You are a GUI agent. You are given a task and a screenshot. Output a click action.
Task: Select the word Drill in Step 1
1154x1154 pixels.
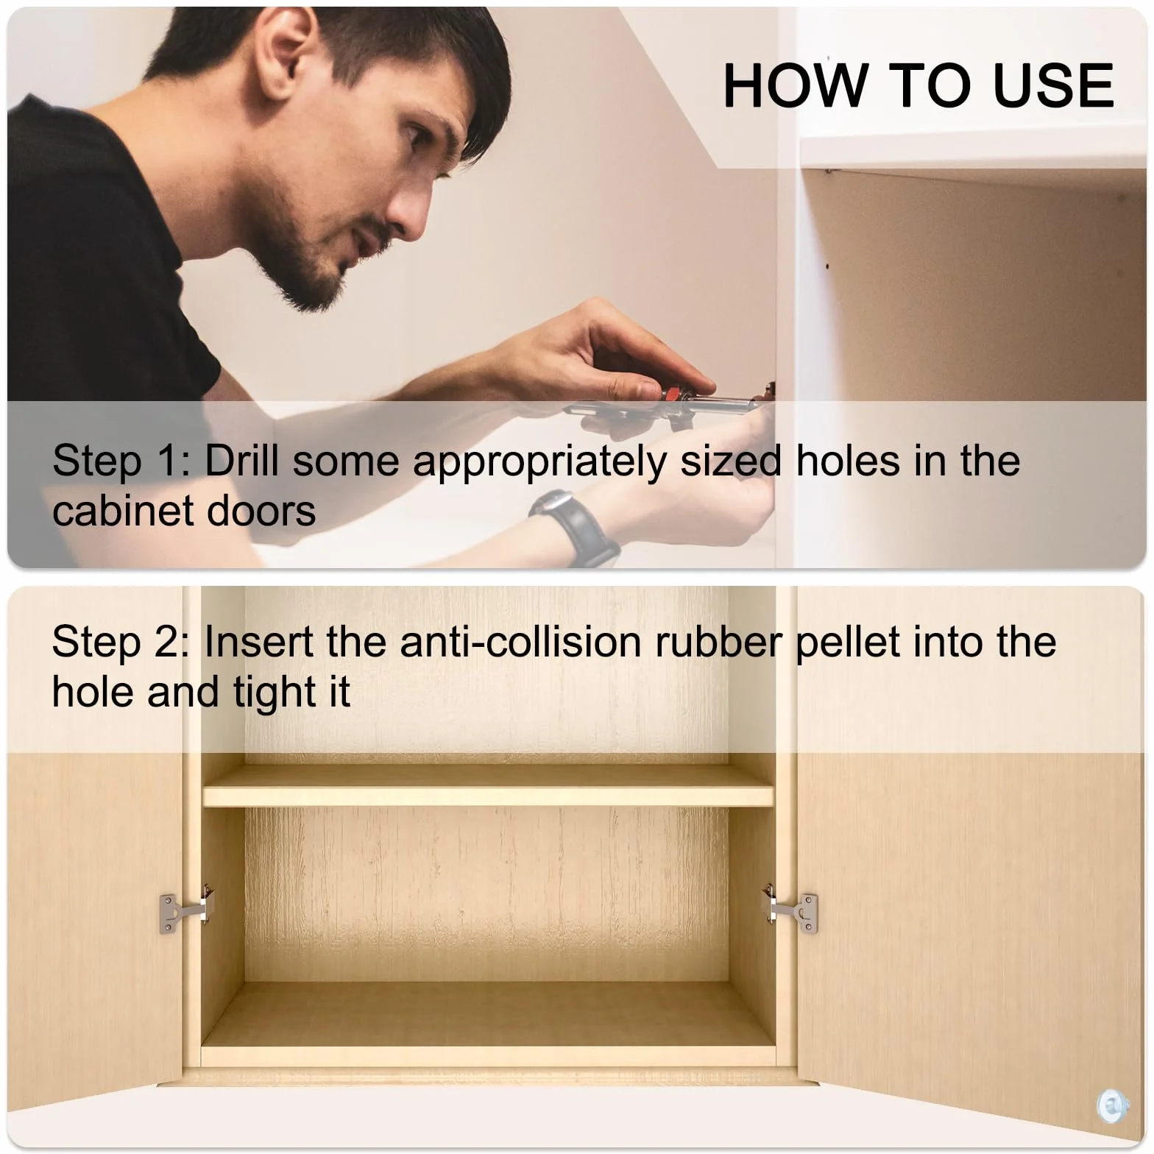241,461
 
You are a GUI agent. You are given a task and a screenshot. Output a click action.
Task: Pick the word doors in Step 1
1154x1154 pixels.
261,511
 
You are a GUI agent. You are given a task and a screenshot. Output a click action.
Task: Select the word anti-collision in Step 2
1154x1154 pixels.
521,642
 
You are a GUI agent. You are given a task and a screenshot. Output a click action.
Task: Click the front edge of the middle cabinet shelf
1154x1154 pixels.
488,796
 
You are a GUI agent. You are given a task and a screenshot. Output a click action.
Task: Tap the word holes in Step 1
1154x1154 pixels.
848,461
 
